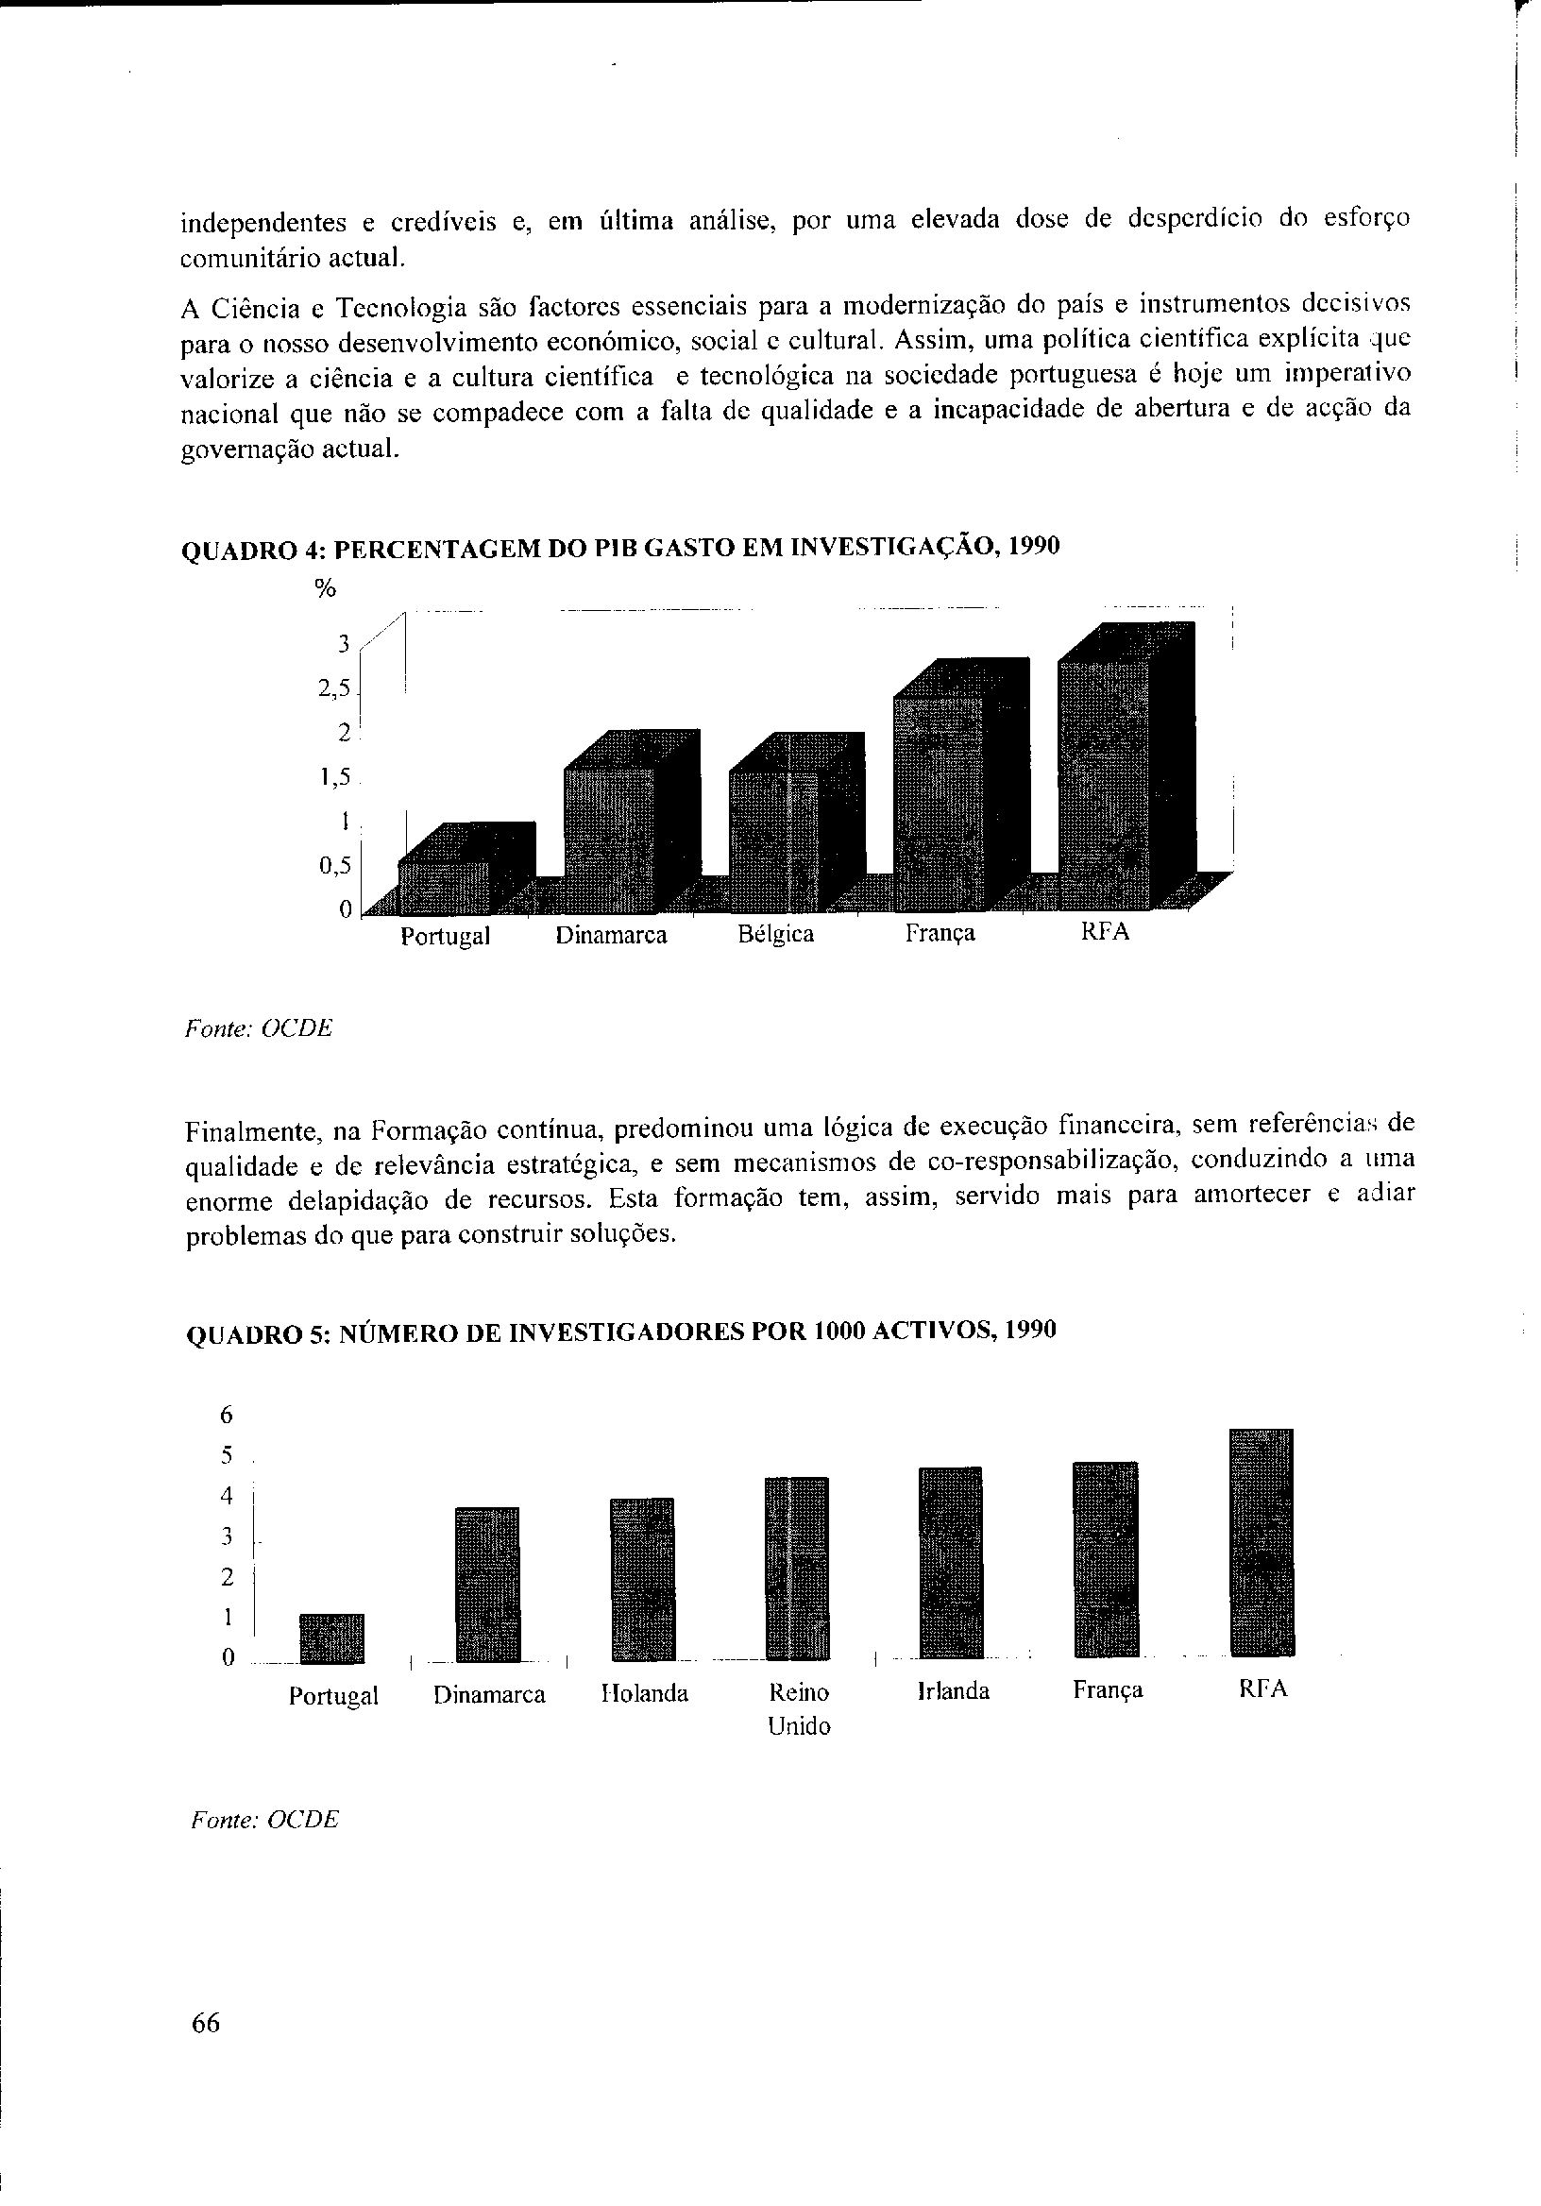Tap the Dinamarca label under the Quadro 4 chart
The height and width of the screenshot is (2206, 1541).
611,935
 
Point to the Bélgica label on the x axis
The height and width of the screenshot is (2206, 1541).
775,934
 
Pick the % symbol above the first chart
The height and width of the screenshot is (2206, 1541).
326,590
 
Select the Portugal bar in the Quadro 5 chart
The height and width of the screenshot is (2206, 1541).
331,1638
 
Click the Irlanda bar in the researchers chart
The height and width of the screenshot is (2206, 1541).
950,1562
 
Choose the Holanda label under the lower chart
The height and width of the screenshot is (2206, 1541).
645,1693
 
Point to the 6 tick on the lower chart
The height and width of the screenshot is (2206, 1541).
227,1416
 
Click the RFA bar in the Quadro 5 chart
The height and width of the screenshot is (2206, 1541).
1262,1543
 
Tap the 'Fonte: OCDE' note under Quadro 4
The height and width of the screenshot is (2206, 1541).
258,1028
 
